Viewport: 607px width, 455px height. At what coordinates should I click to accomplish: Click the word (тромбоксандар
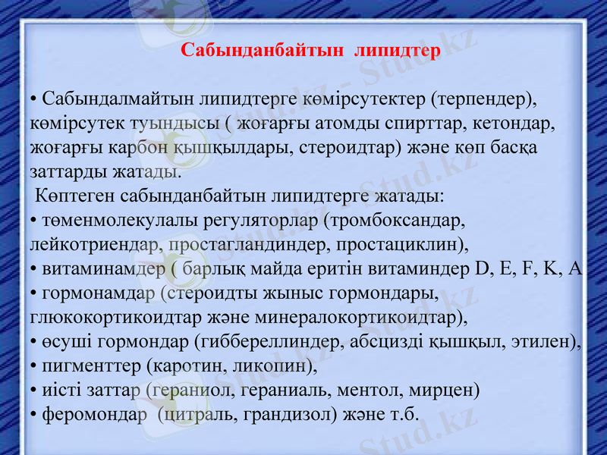point(394,220)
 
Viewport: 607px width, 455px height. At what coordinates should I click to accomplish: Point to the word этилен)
point(547,341)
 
